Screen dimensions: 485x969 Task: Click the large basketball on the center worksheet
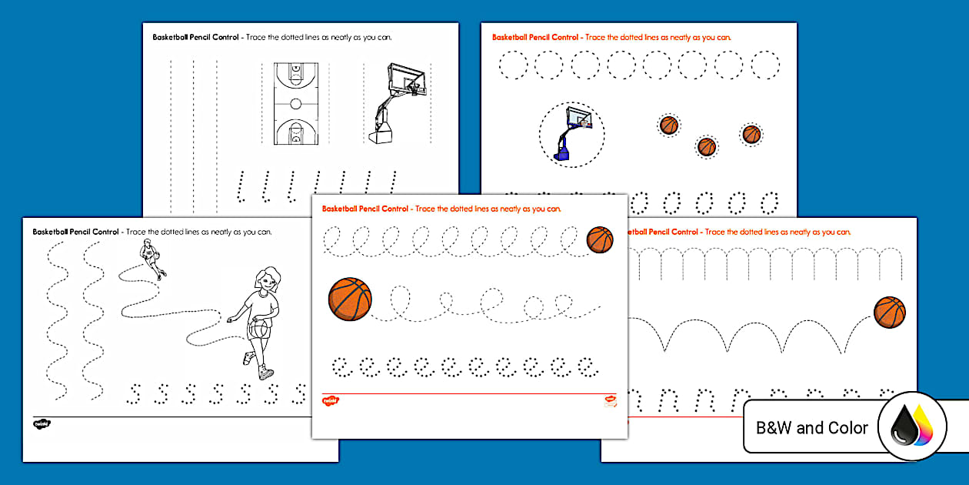(x=350, y=299)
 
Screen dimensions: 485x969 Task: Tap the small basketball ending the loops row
(x=600, y=239)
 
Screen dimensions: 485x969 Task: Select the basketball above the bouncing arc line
(x=890, y=313)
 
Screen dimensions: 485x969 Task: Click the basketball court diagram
(x=295, y=103)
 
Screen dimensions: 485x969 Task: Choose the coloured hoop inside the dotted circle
(x=571, y=132)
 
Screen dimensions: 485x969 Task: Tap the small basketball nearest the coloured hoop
(x=669, y=125)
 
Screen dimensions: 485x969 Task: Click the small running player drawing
(x=152, y=257)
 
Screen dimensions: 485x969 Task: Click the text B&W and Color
(x=811, y=428)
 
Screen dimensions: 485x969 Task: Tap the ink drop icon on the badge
(x=911, y=426)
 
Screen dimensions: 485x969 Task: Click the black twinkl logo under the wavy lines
(x=42, y=423)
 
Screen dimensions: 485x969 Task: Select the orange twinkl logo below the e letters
(x=331, y=401)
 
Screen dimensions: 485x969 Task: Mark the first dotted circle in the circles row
(x=513, y=65)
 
